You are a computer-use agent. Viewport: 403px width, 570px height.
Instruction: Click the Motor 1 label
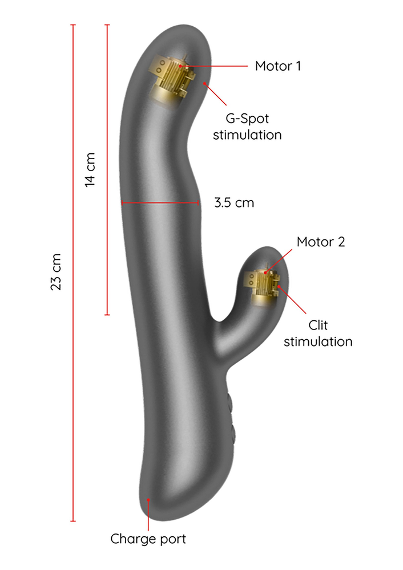(277, 66)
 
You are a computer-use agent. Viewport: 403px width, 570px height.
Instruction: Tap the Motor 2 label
(320, 242)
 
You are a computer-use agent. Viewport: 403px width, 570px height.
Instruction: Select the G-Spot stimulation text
(247, 127)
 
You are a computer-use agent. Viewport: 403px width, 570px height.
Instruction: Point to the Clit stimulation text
(318, 333)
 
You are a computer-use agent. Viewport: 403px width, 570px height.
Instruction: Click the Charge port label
(148, 538)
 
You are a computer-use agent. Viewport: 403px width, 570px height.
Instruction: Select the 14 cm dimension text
(90, 169)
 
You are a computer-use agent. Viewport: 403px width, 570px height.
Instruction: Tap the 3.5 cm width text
(234, 202)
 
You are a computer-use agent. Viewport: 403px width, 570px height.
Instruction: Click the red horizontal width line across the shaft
(160, 202)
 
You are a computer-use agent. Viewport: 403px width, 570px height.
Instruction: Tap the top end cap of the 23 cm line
(73, 25)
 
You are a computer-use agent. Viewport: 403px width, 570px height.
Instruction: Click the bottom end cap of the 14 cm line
(107, 315)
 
